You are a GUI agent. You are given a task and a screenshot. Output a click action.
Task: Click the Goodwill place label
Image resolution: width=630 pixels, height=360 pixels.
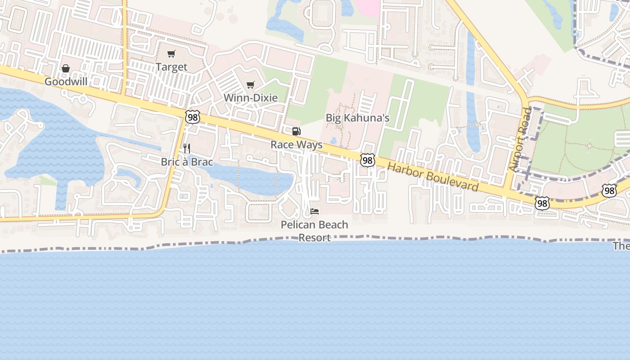click(x=66, y=82)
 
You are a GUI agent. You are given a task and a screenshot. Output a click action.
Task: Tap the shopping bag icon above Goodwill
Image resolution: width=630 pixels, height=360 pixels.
click(x=66, y=68)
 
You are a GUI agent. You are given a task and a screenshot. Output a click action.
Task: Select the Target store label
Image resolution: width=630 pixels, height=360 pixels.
click(x=171, y=67)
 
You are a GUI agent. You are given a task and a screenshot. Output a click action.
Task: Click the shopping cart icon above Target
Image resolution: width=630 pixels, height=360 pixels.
click(x=171, y=54)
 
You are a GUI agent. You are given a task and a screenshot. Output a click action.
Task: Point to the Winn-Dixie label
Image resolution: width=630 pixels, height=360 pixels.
click(x=251, y=98)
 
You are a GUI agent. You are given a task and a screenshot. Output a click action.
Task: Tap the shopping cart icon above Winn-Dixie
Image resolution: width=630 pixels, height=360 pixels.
click(x=251, y=85)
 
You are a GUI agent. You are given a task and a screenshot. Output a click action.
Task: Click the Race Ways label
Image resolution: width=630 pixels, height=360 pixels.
click(x=297, y=145)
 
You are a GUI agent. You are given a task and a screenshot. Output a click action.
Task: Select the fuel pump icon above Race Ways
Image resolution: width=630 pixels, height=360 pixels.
click(x=296, y=131)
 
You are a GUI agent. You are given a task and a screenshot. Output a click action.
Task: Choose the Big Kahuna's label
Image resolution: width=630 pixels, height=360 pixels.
click(x=358, y=118)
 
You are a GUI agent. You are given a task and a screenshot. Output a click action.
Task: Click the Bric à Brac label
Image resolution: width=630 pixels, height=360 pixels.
click(x=187, y=162)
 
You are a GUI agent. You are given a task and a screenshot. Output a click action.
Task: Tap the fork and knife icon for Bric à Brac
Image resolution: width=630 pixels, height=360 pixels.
click(x=187, y=148)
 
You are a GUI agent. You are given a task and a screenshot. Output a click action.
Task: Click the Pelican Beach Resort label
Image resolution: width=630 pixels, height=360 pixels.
click(x=315, y=231)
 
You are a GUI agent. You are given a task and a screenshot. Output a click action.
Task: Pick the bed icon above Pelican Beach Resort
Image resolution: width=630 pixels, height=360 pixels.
click(x=315, y=211)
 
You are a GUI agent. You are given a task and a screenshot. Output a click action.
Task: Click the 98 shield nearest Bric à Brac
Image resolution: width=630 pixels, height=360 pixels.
click(x=192, y=117)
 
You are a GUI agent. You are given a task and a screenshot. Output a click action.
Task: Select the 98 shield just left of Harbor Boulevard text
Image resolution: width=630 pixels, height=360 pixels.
click(x=368, y=160)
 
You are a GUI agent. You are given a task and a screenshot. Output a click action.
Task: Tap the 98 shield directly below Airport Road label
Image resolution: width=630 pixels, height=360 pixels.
click(x=542, y=203)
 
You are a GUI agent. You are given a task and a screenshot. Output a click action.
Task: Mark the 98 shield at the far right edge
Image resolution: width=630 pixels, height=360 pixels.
click(x=609, y=190)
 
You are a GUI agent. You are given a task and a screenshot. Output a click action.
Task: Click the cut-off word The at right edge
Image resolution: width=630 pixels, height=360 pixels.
click(x=621, y=246)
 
